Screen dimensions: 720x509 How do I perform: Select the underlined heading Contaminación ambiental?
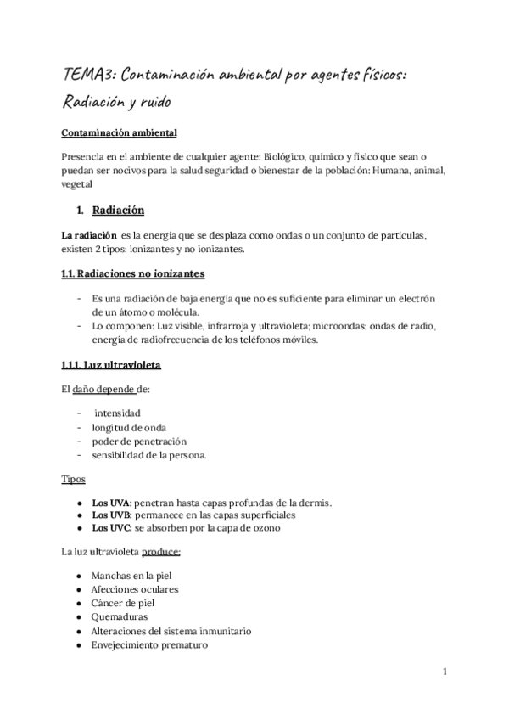click(120, 134)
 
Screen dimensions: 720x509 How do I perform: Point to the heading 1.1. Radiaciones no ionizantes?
click(132, 274)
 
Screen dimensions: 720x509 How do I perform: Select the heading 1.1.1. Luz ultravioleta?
click(111, 366)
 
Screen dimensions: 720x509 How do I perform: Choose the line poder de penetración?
click(139, 442)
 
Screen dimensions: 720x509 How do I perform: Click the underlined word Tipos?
click(73, 479)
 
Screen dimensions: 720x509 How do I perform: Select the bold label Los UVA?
click(111, 503)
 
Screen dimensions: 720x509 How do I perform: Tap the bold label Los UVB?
click(111, 515)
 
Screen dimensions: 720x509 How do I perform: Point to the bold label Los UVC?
click(111, 527)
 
